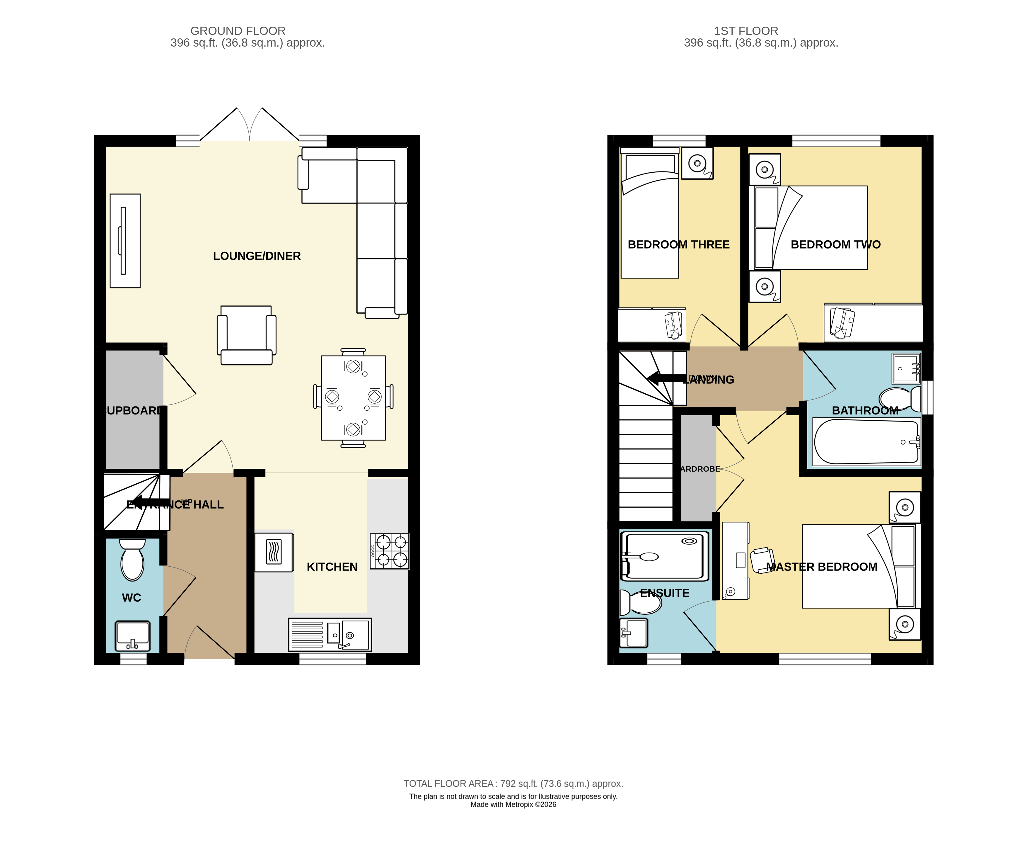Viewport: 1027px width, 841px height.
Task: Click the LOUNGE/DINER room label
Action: [257, 256]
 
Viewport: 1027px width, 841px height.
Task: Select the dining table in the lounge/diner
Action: [353, 398]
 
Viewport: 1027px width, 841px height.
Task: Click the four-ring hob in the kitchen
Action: [390, 551]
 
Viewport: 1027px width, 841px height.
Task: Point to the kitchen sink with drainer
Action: [330, 634]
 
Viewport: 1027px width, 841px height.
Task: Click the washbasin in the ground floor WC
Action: [133, 636]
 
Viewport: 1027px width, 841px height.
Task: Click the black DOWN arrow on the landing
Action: [666, 378]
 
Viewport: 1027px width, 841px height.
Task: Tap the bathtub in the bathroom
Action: [866, 442]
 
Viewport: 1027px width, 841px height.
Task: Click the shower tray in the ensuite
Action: [664, 556]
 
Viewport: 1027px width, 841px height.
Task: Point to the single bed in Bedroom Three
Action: [649, 215]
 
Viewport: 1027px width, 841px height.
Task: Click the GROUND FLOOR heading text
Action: [238, 30]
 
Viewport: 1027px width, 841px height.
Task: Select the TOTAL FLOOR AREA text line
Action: [513, 783]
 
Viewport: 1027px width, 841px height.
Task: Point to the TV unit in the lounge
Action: [125, 241]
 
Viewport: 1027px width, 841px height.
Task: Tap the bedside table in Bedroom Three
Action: [697, 163]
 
